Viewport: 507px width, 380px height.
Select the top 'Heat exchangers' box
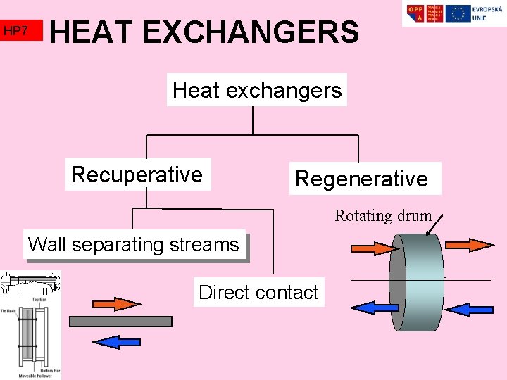[256, 90]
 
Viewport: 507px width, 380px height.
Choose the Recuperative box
[137, 175]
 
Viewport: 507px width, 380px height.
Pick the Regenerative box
[362, 179]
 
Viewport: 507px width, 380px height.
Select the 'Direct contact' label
[258, 292]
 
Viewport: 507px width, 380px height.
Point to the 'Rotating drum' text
[382, 215]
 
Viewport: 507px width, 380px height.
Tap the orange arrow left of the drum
[375, 248]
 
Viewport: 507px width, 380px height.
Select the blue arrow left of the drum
[374, 308]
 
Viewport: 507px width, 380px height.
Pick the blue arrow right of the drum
[469, 308]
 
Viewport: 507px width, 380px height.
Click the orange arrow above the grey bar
[116, 303]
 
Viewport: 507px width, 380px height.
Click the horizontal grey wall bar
[120, 322]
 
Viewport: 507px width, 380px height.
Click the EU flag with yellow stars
[458, 13]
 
